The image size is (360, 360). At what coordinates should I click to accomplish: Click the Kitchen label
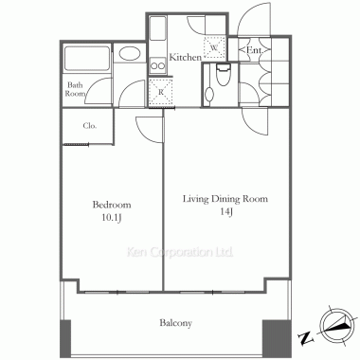[186, 57]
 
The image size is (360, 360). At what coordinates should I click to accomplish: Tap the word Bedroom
[112, 205]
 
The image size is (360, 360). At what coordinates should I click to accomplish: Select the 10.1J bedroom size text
[112, 218]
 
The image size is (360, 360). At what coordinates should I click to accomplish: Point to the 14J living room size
[226, 212]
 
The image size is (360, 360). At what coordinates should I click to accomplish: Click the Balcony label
[175, 323]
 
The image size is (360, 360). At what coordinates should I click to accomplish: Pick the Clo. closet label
[90, 126]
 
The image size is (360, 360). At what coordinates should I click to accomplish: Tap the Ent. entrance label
[254, 50]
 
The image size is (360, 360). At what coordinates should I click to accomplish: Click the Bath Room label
[75, 89]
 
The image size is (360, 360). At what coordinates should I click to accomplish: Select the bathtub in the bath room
[87, 59]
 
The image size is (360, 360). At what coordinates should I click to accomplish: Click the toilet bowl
[224, 75]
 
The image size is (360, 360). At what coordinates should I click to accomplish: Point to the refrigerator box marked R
[161, 93]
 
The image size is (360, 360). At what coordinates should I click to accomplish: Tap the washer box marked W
[214, 47]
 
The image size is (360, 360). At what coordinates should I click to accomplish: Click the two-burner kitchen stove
[157, 65]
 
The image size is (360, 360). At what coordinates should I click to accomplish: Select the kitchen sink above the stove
[157, 28]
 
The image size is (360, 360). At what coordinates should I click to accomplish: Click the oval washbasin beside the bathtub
[130, 54]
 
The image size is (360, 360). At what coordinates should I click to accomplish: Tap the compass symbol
[335, 325]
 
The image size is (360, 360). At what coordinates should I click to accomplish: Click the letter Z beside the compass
[306, 338]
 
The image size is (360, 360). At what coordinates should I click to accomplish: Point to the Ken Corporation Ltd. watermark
[180, 252]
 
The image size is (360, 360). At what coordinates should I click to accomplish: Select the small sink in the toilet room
[208, 94]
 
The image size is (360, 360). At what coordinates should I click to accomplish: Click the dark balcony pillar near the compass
[277, 339]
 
